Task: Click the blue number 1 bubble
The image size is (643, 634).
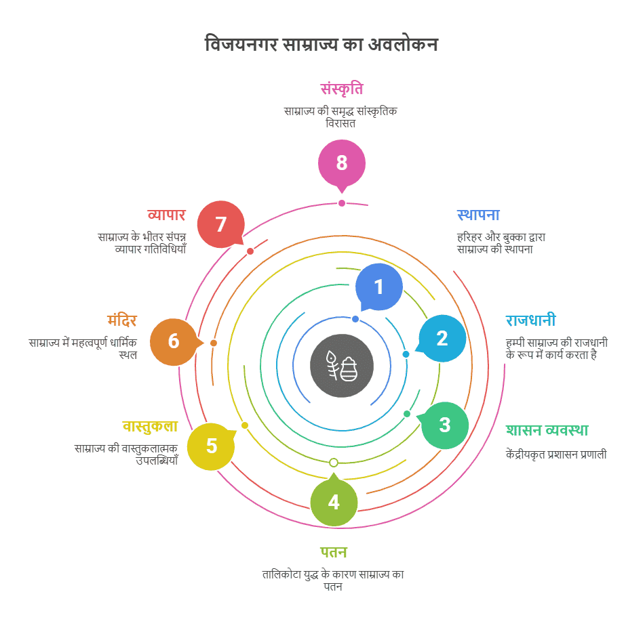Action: [378, 287]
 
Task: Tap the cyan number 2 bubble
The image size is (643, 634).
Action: [442, 338]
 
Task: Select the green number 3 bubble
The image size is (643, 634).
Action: [444, 425]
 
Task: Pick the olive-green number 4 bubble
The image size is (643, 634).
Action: [334, 501]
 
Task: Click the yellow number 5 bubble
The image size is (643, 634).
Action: [211, 446]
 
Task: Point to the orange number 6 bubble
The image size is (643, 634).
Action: [174, 342]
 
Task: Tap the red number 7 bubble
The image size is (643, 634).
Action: [221, 224]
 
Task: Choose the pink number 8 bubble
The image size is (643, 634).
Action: [342, 163]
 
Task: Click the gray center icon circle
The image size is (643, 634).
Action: [342, 366]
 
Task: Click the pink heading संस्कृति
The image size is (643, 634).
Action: [342, 89]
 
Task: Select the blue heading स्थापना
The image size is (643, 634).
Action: [478, 215]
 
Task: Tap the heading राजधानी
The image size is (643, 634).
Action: [530, 320]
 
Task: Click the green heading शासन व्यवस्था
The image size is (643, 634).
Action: [547, 430]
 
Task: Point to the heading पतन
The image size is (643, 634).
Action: [334, 553]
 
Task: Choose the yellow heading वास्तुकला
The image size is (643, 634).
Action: [150, 427]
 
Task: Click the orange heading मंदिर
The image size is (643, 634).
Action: [122, 320]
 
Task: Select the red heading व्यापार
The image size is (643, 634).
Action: [166, 215]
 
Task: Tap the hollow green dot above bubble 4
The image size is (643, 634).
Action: [334, 463]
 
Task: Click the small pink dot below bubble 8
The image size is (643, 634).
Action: [342, 203]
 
